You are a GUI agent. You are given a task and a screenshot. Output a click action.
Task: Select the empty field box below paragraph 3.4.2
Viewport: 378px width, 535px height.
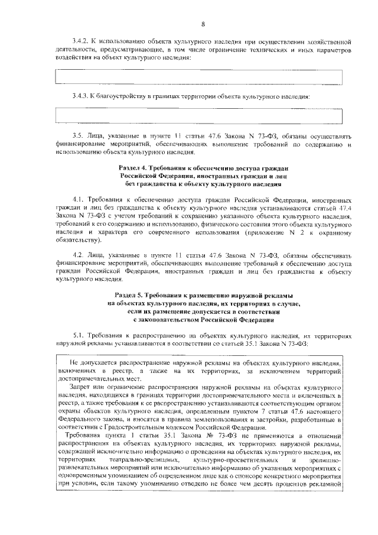pyautogui.click(x=203, y=76)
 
